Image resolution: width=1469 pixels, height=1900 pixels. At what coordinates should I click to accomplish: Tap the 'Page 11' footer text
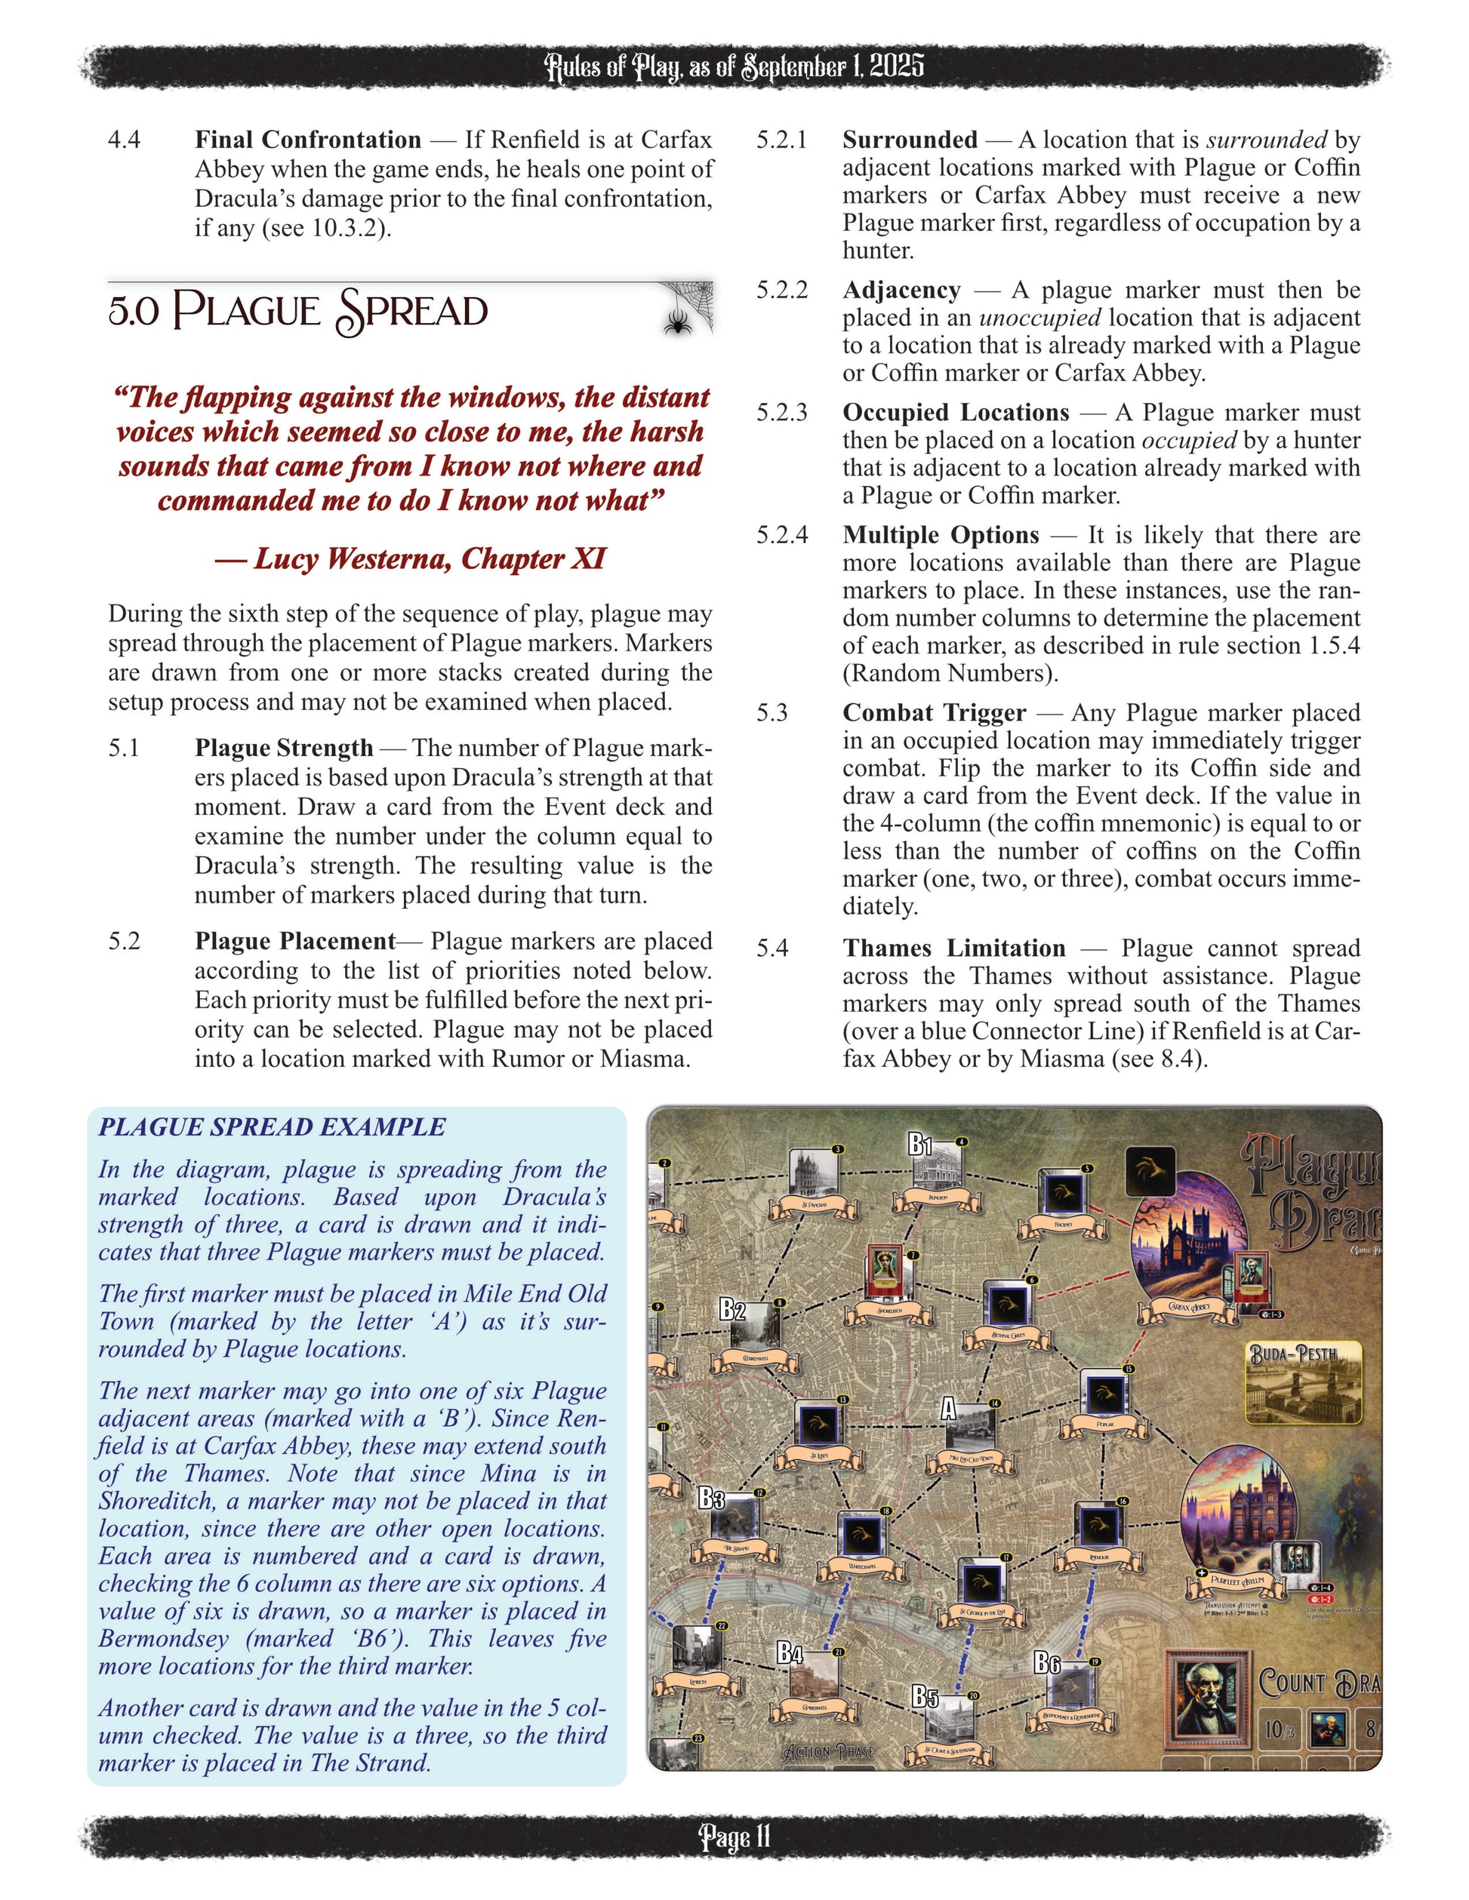click(x=734, y=1837)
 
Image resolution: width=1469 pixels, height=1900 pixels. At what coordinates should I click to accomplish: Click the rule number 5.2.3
click(x=781, y=412)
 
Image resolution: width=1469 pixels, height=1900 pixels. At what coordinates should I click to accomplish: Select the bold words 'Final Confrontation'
click(x=307, y=140)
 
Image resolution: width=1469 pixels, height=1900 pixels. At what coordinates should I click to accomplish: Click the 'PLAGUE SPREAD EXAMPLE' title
click(x=272, y=1127)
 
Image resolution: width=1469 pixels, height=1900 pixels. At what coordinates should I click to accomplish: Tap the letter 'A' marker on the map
click(x=949, y=1407)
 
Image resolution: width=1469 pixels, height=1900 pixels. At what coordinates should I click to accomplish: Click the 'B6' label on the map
click(x=1047, y=1662)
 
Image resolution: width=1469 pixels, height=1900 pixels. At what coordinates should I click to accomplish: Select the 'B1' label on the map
click(x=921, y=1145)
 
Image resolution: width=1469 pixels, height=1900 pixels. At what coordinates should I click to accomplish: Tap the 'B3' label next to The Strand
click(x=711, y=1498)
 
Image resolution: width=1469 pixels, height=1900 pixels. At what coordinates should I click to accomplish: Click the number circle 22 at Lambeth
click(x=721, y=1625)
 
